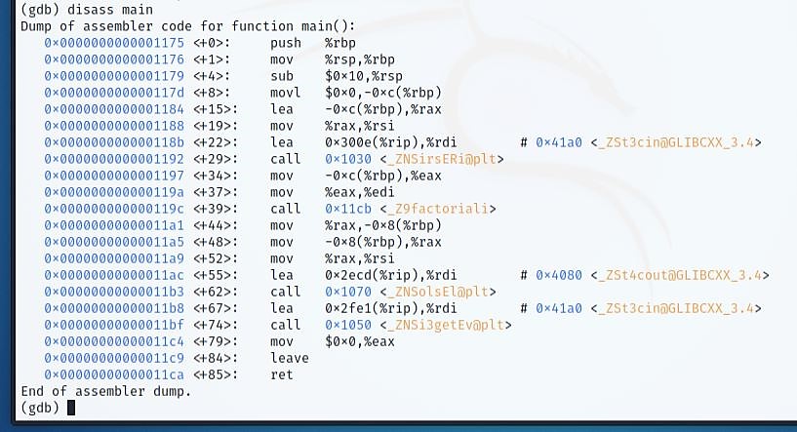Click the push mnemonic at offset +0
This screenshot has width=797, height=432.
[x=286, y=43]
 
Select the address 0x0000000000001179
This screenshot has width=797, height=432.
[x=114, y=76]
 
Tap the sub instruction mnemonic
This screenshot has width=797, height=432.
[x=282, y=76]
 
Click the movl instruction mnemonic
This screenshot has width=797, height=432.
[x=285, y=93]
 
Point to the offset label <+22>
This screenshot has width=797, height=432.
[x=215, y=142]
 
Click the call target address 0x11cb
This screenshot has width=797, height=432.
[x=348, y=209]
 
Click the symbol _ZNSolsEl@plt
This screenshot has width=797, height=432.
[x=438, y=292]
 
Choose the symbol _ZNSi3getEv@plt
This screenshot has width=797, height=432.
[x=446, y=325]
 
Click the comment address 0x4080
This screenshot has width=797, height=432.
[x=559, y=275]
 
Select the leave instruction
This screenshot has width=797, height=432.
[x=289, y=358]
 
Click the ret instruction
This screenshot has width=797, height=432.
[x=282, y=374]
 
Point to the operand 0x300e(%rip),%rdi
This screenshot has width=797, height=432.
[x=391, y=142]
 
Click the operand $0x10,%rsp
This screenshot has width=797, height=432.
[x=364, y=76]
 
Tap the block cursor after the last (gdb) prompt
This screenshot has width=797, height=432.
[x=71, y=408]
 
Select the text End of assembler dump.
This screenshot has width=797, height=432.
[x=105, y=391]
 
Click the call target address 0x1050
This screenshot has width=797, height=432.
[x=348, y=325]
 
